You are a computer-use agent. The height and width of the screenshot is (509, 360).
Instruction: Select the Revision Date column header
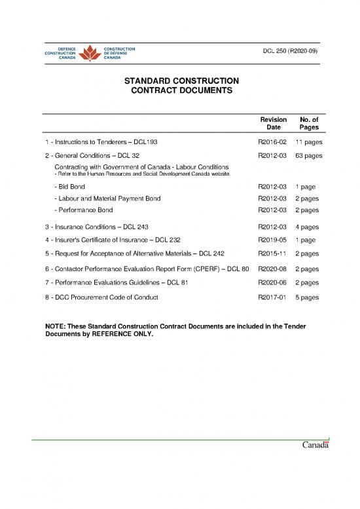tap(273, 124)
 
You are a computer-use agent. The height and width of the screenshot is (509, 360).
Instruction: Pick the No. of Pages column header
tap(308, 124)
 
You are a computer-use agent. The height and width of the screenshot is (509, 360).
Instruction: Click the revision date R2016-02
tap(273, 141)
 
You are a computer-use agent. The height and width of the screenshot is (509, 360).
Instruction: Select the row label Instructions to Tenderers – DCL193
tap(100, 141)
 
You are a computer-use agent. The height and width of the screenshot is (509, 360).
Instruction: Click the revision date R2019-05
tap(273, 240)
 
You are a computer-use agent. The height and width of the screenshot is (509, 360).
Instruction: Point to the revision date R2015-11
tap(273, 253)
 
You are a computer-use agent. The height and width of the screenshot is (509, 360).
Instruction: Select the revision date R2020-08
tap(273, 269)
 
